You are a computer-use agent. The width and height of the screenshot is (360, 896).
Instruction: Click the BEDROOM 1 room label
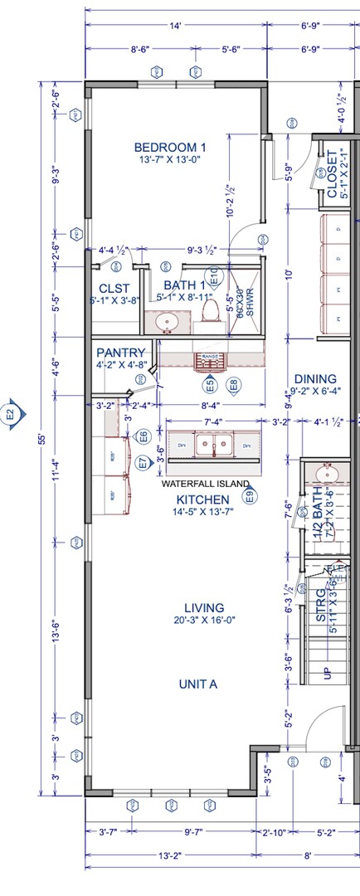170,148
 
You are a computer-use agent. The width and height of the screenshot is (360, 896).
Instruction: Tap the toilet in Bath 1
210,309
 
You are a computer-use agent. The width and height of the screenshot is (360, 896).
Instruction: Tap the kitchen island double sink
213,446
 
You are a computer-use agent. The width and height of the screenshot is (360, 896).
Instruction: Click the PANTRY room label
121,353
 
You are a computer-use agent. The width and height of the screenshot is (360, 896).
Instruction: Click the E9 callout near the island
249,497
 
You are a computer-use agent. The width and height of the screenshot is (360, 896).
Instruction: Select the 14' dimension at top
175,27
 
